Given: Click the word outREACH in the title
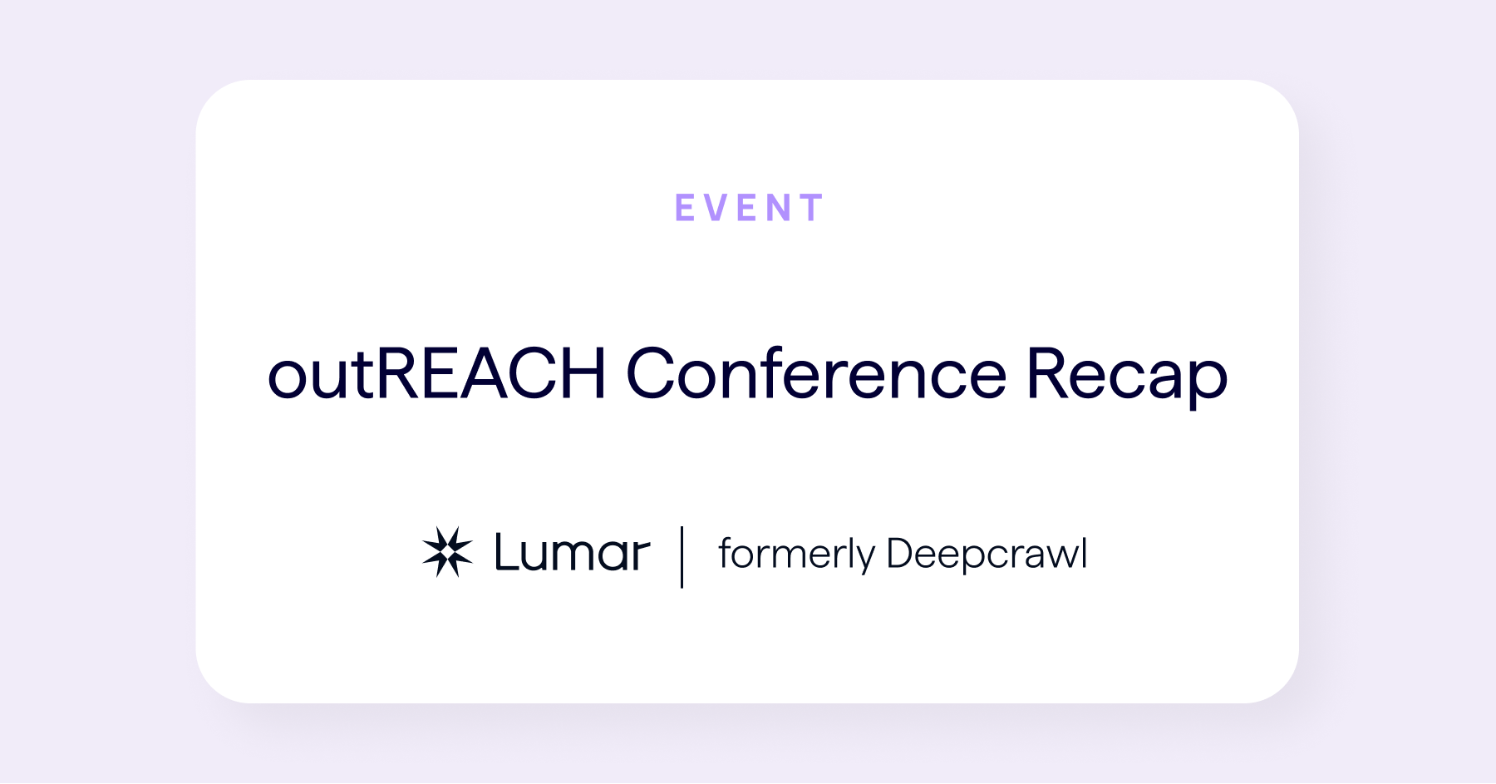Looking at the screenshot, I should tap(436, 374).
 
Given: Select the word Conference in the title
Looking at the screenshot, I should tap(816, 374).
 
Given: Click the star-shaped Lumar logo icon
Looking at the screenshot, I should tap(447, 552).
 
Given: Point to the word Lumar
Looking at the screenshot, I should tap(572, 553).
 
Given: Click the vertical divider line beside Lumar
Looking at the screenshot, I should tap(682, 556).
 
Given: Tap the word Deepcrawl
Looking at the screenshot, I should tap(987, 555).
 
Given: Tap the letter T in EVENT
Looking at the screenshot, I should tap(811, 208).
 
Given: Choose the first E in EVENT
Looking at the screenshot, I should tap(685, 208).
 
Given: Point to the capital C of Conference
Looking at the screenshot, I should tap(653, 373).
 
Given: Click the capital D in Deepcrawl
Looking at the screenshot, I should tap(901, 553).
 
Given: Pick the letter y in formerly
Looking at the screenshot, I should tap(865, 559).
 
